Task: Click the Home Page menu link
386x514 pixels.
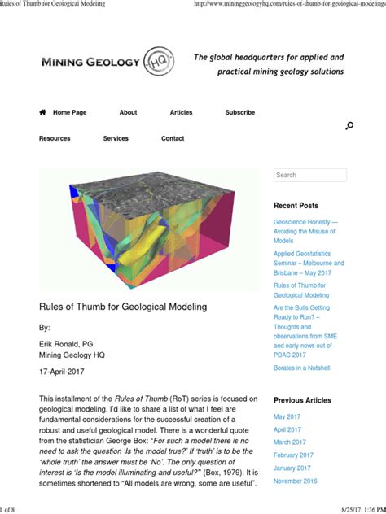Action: [69, 112]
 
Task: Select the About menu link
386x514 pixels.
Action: [128, 112]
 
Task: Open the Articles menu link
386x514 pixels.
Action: [181, 112]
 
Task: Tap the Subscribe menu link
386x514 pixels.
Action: [239, 112]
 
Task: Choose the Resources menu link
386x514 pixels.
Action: [55, 138]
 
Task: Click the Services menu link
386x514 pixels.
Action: [116, 138]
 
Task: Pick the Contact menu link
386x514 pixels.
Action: [173, 138]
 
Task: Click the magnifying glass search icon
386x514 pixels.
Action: [349, 125]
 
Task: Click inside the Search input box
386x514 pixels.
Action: [309, 175]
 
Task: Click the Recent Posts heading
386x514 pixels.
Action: [296, 206]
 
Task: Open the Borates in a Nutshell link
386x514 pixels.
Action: [301, 368]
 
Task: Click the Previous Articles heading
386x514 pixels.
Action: [302, 400]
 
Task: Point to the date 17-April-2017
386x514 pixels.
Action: [62, 372]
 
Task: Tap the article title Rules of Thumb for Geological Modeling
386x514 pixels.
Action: [123, 307]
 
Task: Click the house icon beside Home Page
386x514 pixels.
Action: [42, 112]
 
